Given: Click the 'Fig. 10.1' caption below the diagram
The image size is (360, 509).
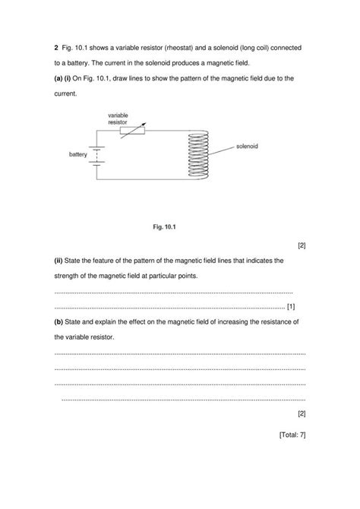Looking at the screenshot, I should point(165,226).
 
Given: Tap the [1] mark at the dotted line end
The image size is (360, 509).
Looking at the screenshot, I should point(292,306).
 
